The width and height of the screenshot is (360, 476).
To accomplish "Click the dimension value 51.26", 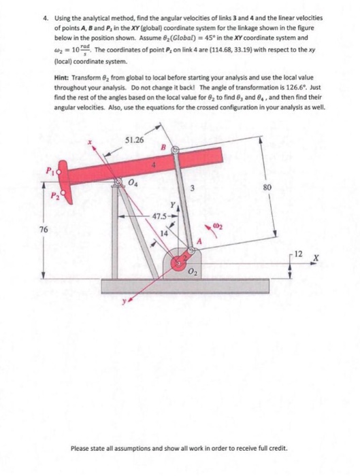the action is (135, 139).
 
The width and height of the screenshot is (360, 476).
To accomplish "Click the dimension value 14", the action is (163, 235).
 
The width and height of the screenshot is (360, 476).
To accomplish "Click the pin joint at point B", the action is (174, 148).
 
